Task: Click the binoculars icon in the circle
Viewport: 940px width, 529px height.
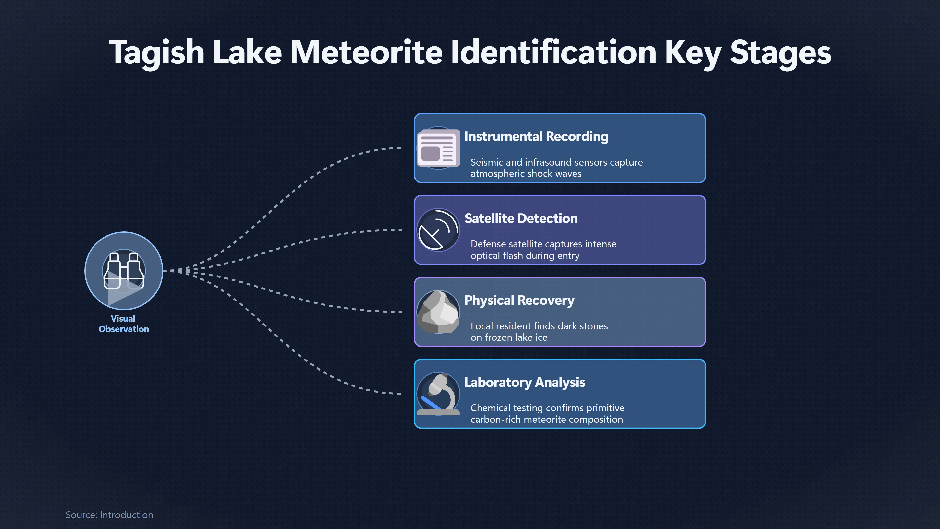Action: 124,271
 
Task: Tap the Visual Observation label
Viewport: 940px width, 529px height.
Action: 124,324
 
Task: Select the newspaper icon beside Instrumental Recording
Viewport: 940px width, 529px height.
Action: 438,148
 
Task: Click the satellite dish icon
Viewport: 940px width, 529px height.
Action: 438,230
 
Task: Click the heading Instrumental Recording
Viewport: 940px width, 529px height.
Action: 536,137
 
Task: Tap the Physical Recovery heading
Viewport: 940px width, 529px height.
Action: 519,301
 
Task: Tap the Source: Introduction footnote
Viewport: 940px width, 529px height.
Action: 109,515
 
